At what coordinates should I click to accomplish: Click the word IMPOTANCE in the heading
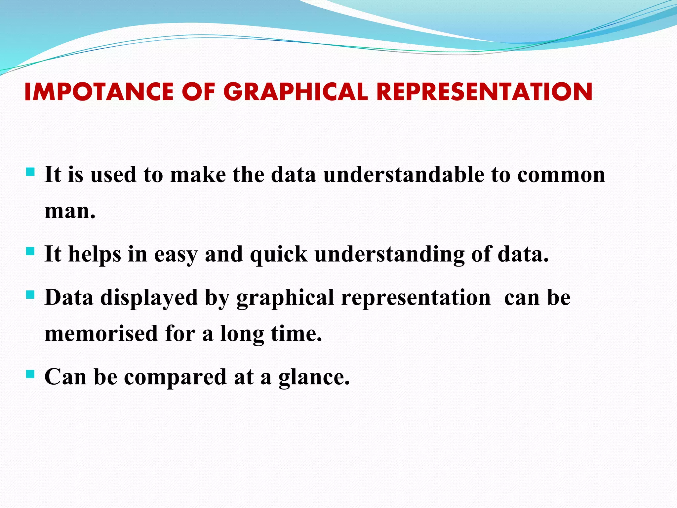coord(99,92)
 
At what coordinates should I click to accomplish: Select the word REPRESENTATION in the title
coord(484,92)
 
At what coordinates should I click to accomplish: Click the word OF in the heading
coord(198,92)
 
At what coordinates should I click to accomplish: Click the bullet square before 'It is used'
coord(30,172)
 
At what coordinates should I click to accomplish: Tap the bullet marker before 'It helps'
coord(30,251)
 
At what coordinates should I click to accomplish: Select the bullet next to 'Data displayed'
coord(30,295)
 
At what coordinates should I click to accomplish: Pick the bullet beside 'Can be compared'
coord(30,374)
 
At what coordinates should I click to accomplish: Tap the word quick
coord(278,255)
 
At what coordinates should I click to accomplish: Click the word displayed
coord(149,298)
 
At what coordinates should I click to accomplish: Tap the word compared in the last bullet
coord(175,377)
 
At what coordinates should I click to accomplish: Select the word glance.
coord(314,377)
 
